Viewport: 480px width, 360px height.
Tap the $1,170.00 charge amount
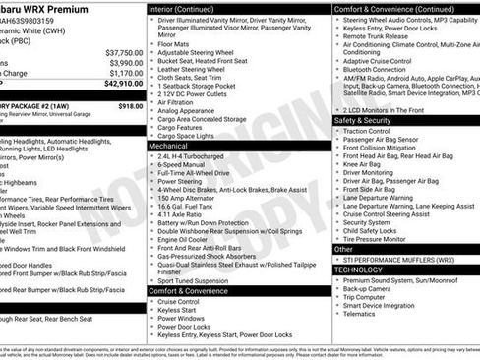click(x=125, y=73)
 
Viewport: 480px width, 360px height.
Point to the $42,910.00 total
click(x=122, y=85)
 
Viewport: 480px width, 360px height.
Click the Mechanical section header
click(x=170, y=145)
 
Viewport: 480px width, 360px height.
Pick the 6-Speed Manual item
click(x=182, y=163)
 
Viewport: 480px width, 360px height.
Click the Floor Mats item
click(x=173, y=43)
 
